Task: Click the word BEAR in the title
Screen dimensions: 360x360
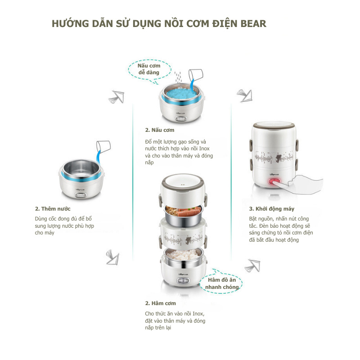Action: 253,24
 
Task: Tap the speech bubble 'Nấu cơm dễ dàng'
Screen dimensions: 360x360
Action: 149,70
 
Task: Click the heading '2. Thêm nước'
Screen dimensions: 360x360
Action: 53,209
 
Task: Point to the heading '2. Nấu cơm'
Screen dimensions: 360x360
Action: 160,130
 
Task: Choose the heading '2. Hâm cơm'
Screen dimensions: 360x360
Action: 160,303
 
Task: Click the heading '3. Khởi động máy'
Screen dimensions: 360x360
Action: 272,209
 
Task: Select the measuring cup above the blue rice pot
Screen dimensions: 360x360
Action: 196,75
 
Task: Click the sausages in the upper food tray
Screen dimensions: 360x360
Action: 189,212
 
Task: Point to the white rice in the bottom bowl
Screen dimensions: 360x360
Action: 183,254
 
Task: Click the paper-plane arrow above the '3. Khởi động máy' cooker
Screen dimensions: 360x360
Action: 245,95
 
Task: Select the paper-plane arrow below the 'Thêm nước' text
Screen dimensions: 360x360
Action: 113,257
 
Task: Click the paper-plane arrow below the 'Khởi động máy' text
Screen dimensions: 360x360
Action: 252,265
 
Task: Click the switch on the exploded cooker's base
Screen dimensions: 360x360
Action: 183,281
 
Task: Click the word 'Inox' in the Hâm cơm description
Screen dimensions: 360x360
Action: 198,314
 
